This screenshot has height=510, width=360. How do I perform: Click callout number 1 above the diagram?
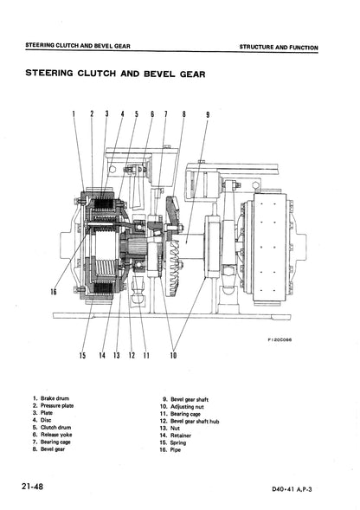click(74, 113)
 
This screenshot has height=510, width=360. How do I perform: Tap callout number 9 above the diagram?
click(208, 114)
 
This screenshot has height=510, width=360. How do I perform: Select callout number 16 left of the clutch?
click(54, 292)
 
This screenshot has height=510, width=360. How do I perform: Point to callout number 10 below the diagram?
click(173, 355)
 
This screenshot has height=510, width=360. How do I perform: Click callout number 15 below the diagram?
click(82, 355)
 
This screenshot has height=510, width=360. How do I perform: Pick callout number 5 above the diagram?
click(137, 114)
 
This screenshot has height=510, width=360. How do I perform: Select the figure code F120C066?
click(280, 340)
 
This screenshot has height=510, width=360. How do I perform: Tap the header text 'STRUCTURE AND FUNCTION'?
click(279, 47)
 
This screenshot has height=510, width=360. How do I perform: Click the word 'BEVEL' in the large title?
click(160, 74)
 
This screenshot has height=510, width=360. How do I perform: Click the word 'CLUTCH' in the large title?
click(96, 74)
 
